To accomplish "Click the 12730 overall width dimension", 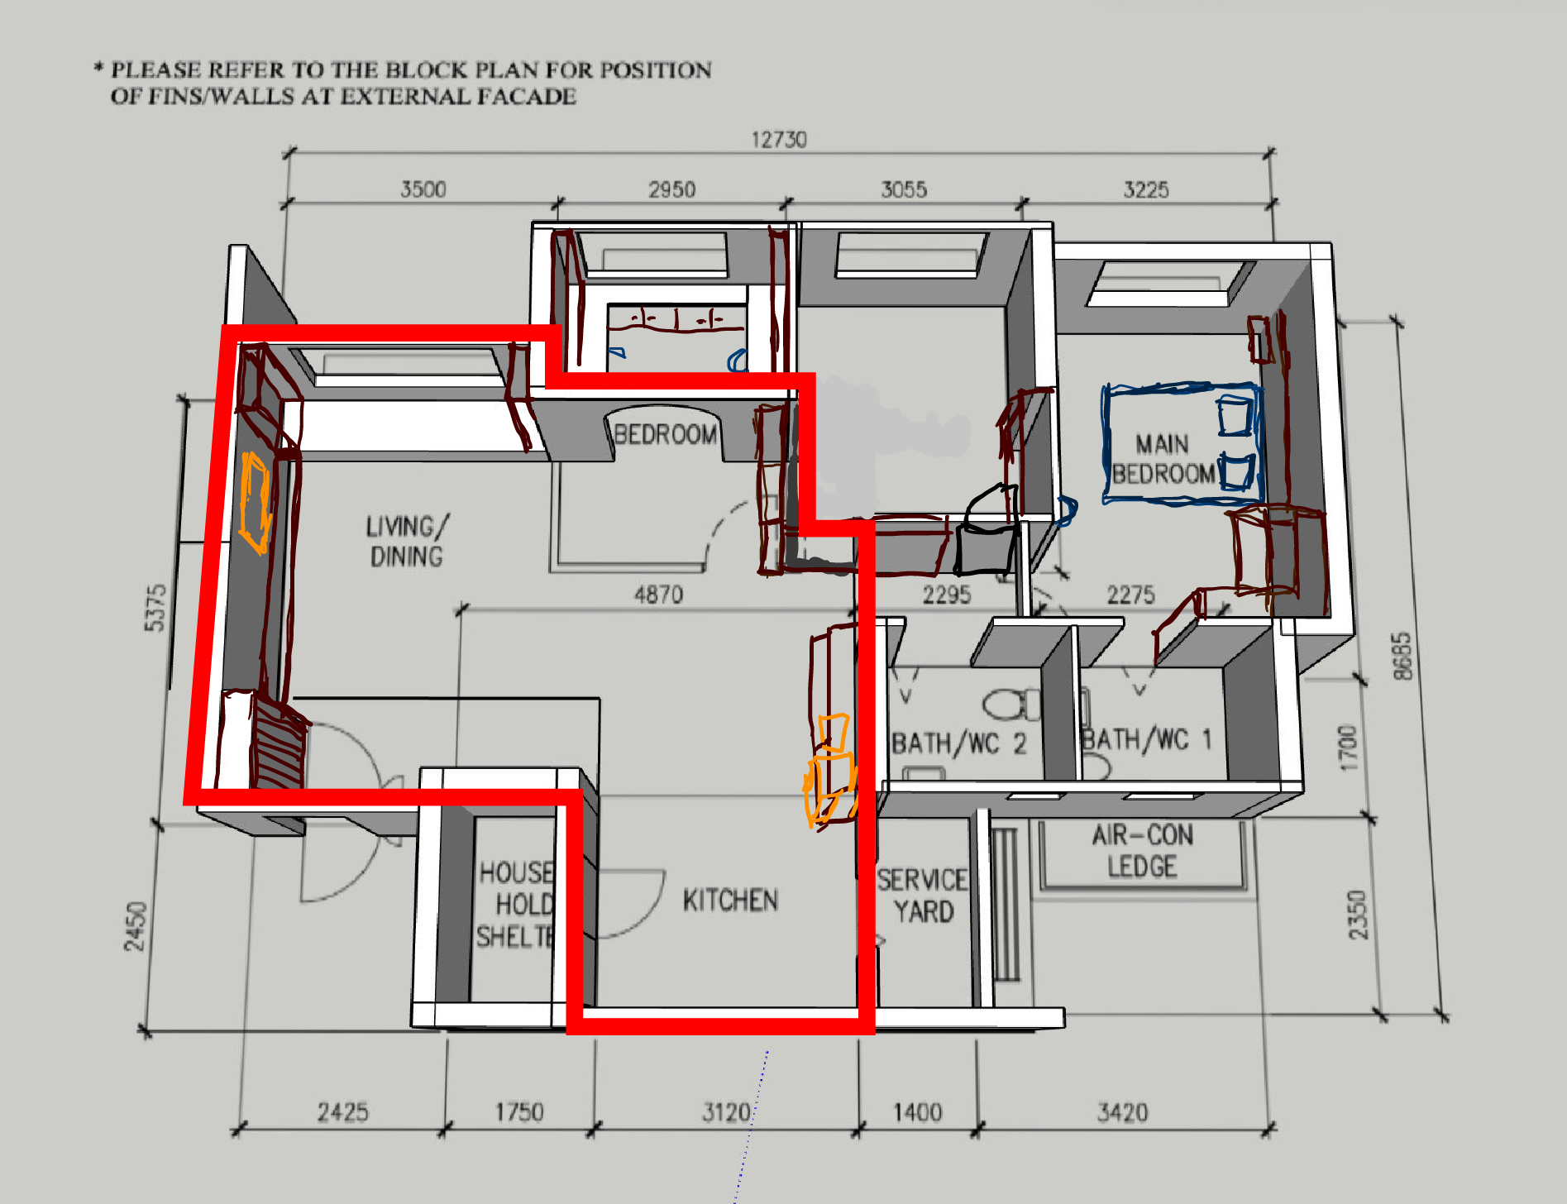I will click(x=778, y=140).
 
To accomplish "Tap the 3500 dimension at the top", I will click(x=423, y=189).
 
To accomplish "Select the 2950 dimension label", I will click(x=671, y=189).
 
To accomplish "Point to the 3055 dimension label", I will click(x=904, y=189).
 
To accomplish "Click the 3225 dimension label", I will click(x=1145, y=189).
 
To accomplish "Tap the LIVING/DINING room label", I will click(x=407, y=541).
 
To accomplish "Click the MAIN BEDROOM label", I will click(x=1162, y=459).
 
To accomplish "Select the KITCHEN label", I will click(x=730, y=900).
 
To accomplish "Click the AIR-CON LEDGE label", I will click(x=1142, y=850).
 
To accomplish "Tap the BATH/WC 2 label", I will click(x=958, y=743).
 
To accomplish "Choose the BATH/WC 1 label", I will click(x=1146, y=739).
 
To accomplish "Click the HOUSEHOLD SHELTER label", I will click(x=515, y=904).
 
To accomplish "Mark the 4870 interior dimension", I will click(x=658, y=595).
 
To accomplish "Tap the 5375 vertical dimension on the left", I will click(x=155, y=608).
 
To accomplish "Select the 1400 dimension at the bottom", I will click(x=917, y=1112).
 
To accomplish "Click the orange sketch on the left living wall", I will click(x=255, y=502).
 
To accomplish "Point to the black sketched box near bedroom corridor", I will click(x=987, y=533).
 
